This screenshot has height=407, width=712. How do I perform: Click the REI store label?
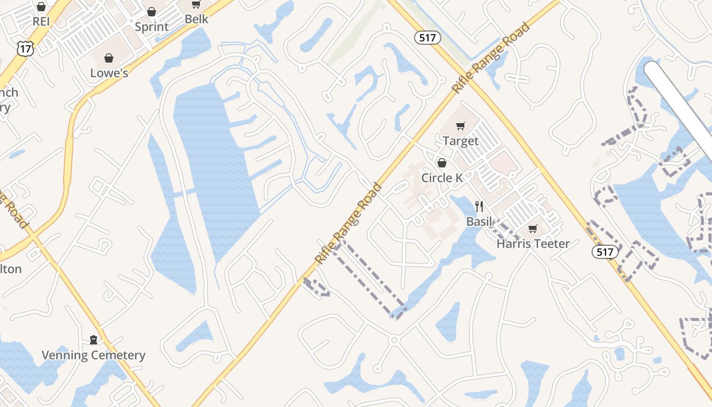click(x=41, y=22)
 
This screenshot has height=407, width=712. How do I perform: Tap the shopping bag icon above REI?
click(x=41, y=7)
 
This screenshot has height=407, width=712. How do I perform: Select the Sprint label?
click(x=152, y=26)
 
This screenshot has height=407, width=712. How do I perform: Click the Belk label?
click(x=196, y=19)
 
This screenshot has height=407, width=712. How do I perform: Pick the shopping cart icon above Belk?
click(x=196, y=5)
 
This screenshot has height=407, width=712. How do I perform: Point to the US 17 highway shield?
click(x=24, y=49)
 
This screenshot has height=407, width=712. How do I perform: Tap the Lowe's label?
click(x=109, y=73)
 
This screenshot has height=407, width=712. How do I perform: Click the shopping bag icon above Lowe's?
click(x=108, y=58)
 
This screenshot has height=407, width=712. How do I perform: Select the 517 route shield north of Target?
click(x=427, y=38)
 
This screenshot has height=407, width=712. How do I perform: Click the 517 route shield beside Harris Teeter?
click(x=605, y=251)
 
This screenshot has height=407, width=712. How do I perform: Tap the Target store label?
click(x=461, y=141)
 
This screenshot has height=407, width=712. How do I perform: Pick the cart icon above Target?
click(x=461, y=126)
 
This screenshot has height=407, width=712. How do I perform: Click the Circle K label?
click(x=442, y=178)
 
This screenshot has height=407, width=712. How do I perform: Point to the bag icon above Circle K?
click(x=442, y=163)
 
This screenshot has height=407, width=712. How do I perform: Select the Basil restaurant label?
click(x=479, y=221)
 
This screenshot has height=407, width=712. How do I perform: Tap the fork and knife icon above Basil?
click(x=479, y=206)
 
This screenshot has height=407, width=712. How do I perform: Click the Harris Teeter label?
click(x=533, y=244)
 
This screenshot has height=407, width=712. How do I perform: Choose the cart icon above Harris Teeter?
click(x=532, y=228)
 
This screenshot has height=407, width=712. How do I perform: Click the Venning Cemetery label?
click(x=94, y=355)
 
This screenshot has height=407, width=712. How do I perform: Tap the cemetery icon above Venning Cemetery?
click(x=94, y=339)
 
